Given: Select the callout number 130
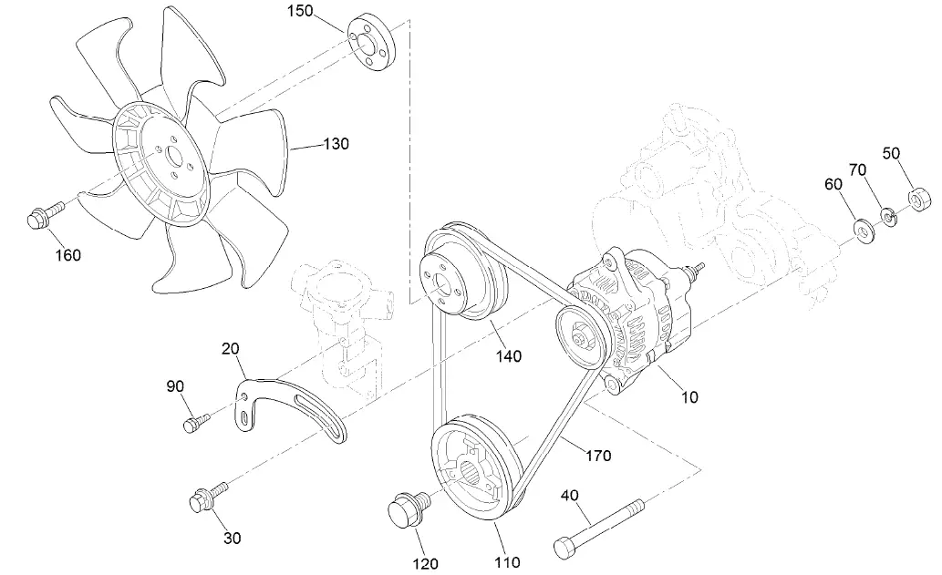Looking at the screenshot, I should point(336,144).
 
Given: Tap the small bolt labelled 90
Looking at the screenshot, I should point(195,422).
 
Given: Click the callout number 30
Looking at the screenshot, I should point(233,538).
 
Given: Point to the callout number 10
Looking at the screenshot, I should point(689,397).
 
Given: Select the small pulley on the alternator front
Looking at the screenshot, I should point(581,336).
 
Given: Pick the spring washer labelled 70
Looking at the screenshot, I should point(887,217).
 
